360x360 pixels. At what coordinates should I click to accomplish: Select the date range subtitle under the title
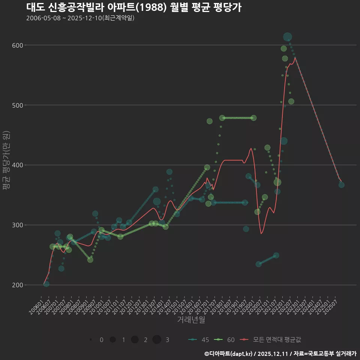[80, 18]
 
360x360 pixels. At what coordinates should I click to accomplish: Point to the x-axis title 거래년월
[191, 320]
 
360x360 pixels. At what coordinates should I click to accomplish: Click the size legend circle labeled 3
[157, 340]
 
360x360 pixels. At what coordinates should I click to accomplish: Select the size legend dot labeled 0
[91, 340]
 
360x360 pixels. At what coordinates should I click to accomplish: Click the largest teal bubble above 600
[288, 37]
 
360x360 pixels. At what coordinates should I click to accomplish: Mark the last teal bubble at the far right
[341, 185]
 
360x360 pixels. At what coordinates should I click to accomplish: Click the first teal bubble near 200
[46, 284]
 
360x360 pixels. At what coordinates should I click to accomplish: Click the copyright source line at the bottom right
[280, 354]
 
